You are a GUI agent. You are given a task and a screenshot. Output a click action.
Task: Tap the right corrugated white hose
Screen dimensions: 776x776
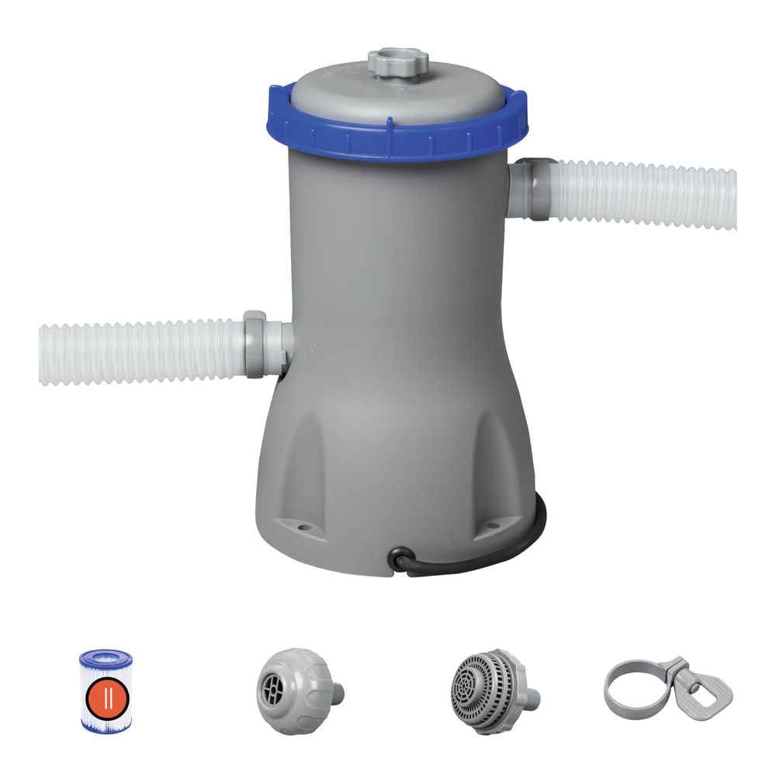644,194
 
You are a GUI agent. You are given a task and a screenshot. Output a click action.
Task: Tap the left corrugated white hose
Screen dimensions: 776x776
140,352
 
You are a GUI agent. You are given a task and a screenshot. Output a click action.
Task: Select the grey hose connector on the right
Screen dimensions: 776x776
534,188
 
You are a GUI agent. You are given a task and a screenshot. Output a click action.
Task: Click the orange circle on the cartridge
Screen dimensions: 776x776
106,695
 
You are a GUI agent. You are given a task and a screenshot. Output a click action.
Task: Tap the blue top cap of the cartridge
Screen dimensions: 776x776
106,659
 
